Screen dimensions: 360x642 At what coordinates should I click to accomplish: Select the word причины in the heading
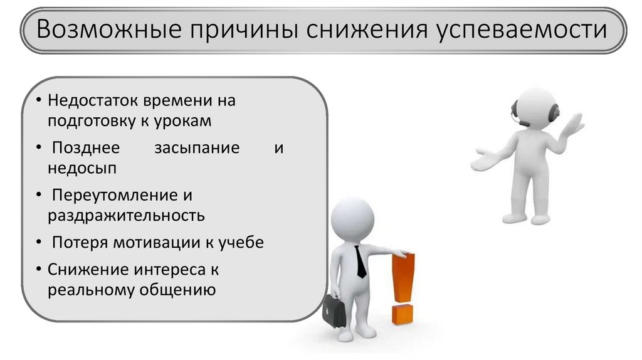[x=242, y=30]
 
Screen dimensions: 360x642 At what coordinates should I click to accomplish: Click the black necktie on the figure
[x=360, y=262]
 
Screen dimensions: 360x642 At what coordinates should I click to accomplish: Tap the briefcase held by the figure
[x=334, y=310]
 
